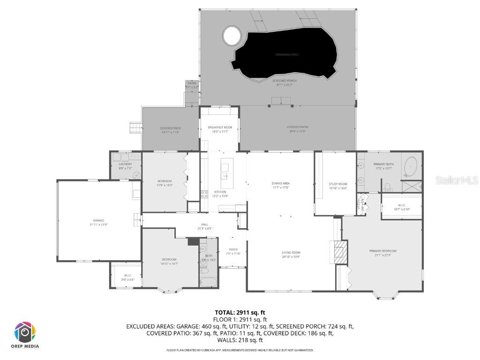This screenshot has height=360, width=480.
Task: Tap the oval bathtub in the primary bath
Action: pyautogui.click(x=411, y=166)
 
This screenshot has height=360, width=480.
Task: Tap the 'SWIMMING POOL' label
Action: pyautogui.click(x=287, y=55)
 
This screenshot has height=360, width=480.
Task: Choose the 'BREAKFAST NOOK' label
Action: pyautogui.click(x=220, y=127)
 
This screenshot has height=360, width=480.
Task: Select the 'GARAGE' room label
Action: pyautogui.click(x=98, y=220)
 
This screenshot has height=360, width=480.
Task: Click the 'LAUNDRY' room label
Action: pyautogui.click(x=125, y=164)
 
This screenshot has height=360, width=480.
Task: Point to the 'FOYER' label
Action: pyautogui.click(x=233, y=249)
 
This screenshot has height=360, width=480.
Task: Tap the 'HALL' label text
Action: pyautogui.click(x=205, y=225)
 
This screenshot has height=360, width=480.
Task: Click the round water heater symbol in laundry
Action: pyautogui.click(x=137, y=175)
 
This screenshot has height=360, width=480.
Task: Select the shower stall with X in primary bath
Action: pyautogui.click(x=412, y=186)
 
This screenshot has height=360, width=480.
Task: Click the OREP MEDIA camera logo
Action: pyautogui.click(x=25, y=332)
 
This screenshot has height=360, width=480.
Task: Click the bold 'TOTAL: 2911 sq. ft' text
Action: pyautogui.click(x=240, y=312)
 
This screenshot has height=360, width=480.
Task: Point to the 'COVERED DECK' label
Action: pyautogui.click(x=171, y=128)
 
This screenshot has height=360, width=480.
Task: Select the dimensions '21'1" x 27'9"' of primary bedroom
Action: pyautogui.click(x=382, y=255)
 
